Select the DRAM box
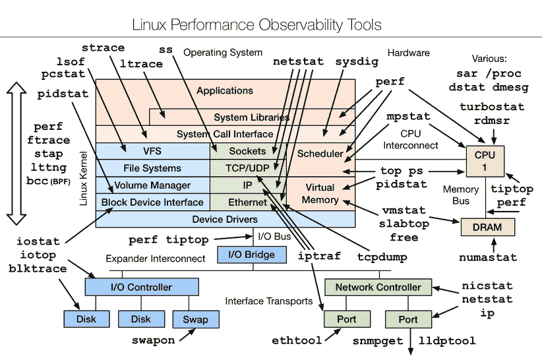tap(487, 227)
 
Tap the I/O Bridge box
tap(252, 255)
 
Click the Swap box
tap(195, 319)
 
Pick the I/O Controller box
tap(142, 287)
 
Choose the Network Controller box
tap(378, 287)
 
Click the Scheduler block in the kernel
tap(320, 154)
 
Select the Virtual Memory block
tap(320, 193)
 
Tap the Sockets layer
tap(247, 152)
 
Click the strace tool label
tap(103, 48)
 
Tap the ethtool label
tap(297, 341)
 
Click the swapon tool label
tap(153, 340)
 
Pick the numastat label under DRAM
tap(487, 257)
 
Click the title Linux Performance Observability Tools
tap(257, 25)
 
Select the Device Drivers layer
tap(225, 219)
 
